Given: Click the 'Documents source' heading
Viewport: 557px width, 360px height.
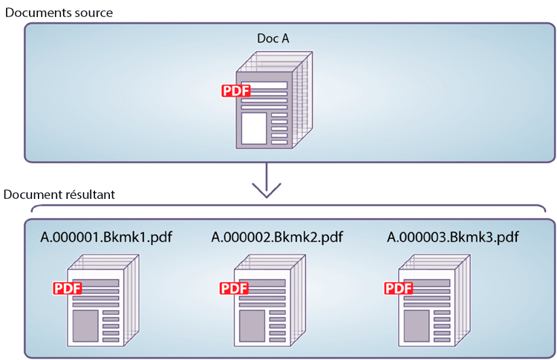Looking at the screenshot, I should (x=59, y=13).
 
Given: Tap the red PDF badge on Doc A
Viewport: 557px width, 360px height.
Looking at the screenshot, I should (x=236, y=91).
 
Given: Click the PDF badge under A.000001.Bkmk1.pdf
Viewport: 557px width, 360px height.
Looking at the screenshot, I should (x=67, y=288).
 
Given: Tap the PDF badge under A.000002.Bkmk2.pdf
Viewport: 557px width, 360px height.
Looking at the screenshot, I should (x=234, y=288).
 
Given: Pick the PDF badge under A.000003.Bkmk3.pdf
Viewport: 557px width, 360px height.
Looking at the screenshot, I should (x=399, y=288).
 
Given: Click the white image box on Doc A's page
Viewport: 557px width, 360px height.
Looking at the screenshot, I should (x=254, y=128).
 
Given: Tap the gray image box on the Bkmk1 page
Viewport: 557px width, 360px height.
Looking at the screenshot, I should (x=85, y=324).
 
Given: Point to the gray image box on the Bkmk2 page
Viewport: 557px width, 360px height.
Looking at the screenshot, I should (x=252, y=324).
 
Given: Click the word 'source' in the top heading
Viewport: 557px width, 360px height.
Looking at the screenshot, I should (x=93, y=13).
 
